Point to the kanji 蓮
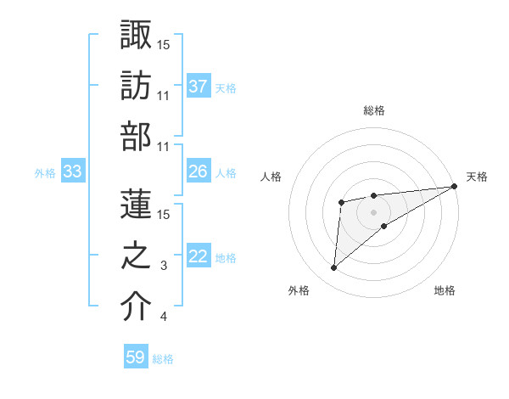click(137, 204)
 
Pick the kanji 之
click(137, 256)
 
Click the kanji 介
click(137, 306)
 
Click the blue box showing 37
click(199, 86)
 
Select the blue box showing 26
click(199, 171)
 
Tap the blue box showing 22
click(199, 256)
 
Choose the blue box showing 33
click(72, 171)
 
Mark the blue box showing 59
click(136, 357)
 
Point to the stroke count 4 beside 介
click(164, 318)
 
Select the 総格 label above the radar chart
click(373, 110)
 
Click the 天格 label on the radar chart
click(477, 177)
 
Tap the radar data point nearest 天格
click(454, 187)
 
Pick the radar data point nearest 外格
click(334, 267)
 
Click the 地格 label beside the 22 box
click(226, 257)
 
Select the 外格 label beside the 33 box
click(45, 172)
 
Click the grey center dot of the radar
click(373, 211)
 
